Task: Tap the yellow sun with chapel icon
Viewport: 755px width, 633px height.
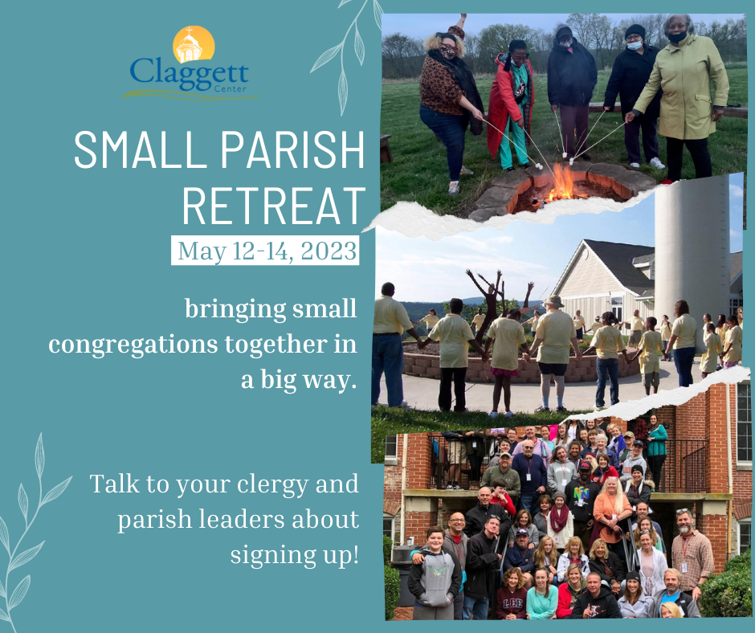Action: click(x=194, y=44)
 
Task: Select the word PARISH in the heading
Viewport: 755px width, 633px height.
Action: click(x=292, y=149)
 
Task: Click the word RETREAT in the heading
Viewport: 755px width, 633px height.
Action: click(x=274, y=206)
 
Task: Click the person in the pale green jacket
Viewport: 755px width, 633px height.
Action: click(x=681, y=96)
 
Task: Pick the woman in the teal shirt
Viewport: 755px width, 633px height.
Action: click(x=542, y=595)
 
